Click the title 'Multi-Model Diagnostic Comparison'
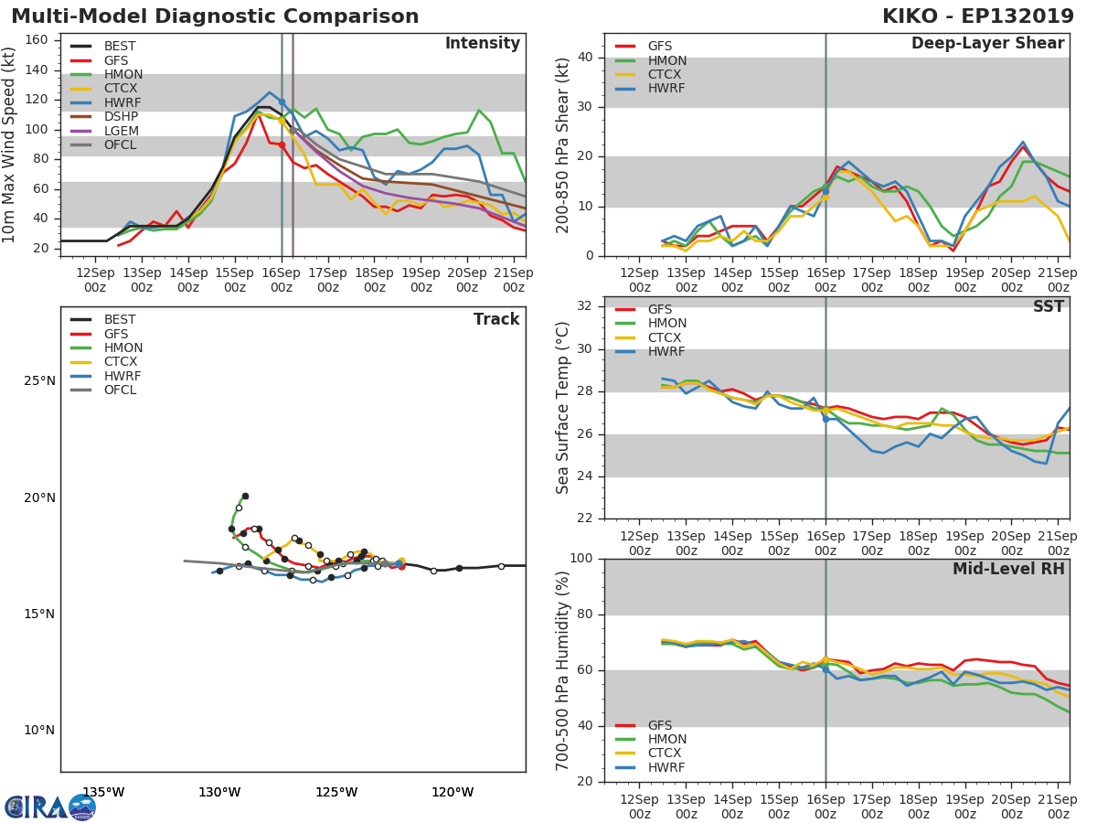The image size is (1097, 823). (215, 16)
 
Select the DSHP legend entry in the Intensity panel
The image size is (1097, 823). (120, 116)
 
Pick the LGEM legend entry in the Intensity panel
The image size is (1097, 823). (121, 131)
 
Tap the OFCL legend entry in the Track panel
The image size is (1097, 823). (120, 390)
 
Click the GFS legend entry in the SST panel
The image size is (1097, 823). (660, 309)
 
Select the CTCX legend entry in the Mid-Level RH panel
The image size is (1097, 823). (666, 754)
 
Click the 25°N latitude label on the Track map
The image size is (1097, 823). (39, 380)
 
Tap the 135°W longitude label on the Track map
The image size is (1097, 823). (103, 792)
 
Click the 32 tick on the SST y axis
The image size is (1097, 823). (584, 306)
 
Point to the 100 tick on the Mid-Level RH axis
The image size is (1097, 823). (580, 559)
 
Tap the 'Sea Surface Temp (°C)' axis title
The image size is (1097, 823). (563, 408)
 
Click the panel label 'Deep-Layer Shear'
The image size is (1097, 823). (987, 44)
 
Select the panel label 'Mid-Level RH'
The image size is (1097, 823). (1008, 570)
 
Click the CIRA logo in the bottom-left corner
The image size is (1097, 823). (50, 807)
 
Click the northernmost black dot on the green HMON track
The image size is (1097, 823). (245, 496)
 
